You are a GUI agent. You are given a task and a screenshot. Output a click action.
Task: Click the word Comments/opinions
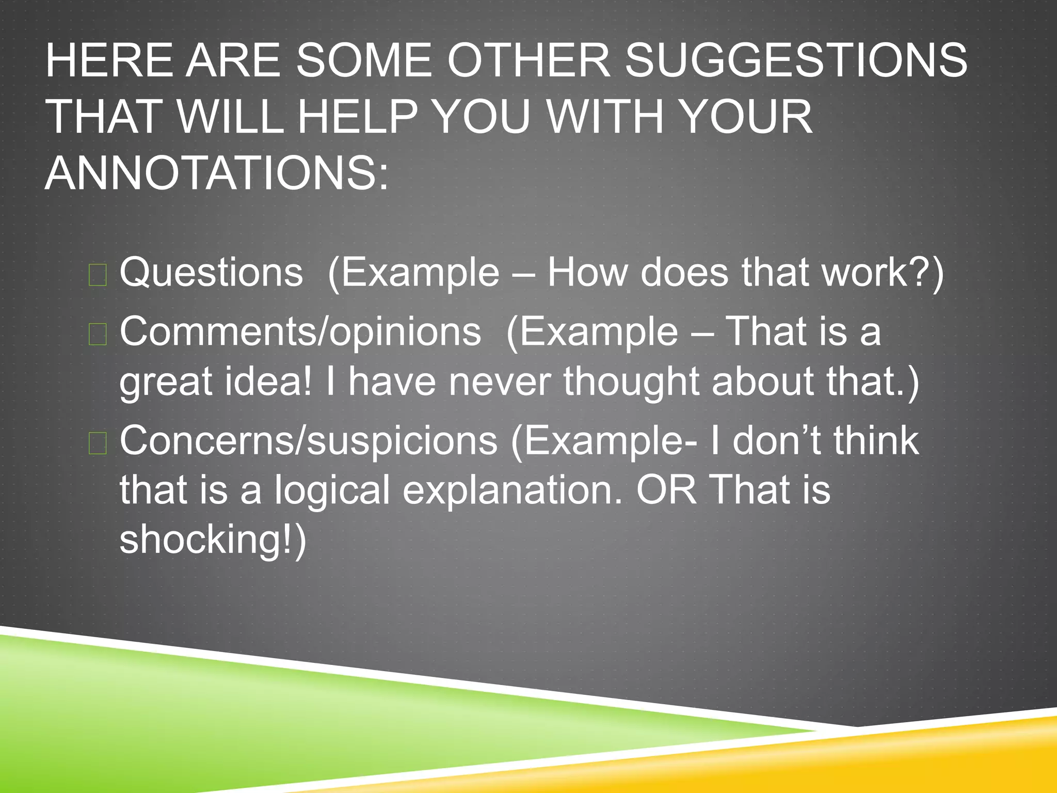click(x=300, y=331)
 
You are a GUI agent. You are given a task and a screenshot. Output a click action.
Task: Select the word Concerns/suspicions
click(x=309, y=441)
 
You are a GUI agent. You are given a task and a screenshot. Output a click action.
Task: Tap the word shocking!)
click(x=213, y=539)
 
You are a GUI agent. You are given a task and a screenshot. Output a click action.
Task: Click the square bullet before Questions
click(x=98, y=275)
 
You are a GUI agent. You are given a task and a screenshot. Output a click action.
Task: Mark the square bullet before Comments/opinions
click(x=98, y=334)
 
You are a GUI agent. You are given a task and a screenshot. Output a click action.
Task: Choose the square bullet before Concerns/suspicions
click(x=98, y=443)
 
